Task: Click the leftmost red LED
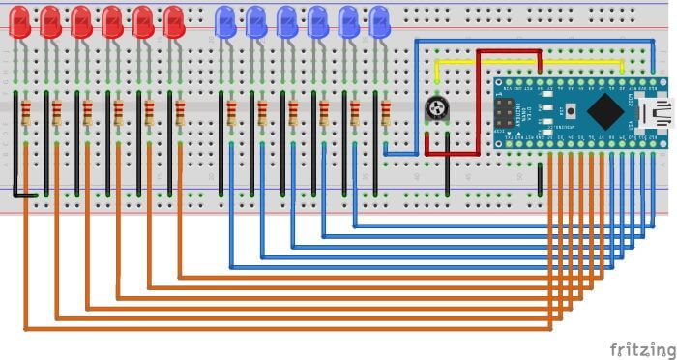[19, 21]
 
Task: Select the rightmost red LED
[174, 21]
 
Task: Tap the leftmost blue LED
[225, 21]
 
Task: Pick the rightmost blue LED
[379, 21]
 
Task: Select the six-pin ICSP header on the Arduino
[506, 112]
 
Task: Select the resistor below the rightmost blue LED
[385, 113]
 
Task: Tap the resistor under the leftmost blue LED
[231, 113]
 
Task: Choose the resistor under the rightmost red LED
[180, 113]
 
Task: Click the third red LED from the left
[81, 21]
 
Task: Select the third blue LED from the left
[287, 21]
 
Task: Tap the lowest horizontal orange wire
[290, 329]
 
